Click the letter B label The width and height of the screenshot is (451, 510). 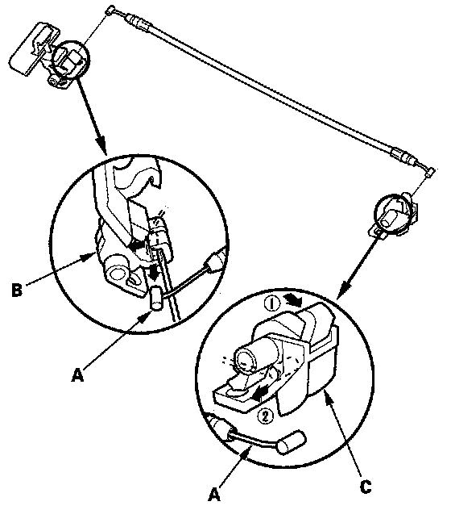pos(17,290)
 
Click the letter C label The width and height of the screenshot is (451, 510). pos(366,487)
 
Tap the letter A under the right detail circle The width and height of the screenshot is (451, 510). pos(214,495)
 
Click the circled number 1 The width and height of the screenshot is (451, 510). pos(271,303)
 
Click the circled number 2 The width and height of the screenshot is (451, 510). pos(265,416)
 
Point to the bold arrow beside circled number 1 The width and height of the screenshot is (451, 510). pos(293,301)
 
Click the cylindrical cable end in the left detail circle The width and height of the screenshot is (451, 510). pos(156,298)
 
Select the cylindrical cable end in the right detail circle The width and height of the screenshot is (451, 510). pos(292,441)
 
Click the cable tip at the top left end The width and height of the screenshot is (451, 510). pos(110,10)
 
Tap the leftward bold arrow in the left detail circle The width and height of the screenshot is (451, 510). pos(136,245)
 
